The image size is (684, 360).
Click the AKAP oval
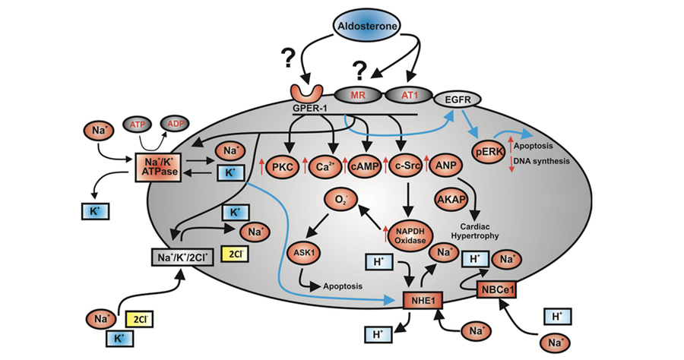tap(455, 198)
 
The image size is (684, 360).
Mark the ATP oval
tap(139, 123)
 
